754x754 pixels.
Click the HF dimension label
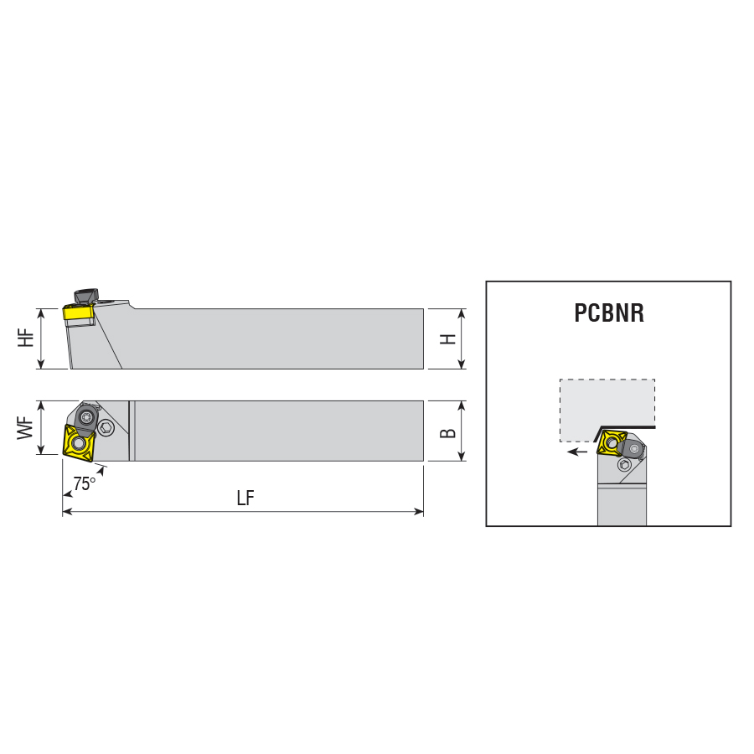26,338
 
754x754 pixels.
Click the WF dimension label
26,428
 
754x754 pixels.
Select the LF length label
245,498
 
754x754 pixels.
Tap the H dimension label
448,339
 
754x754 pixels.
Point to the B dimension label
448,433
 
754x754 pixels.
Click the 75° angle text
84,483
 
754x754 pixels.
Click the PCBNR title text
609,312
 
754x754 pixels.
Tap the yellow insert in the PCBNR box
611,442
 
